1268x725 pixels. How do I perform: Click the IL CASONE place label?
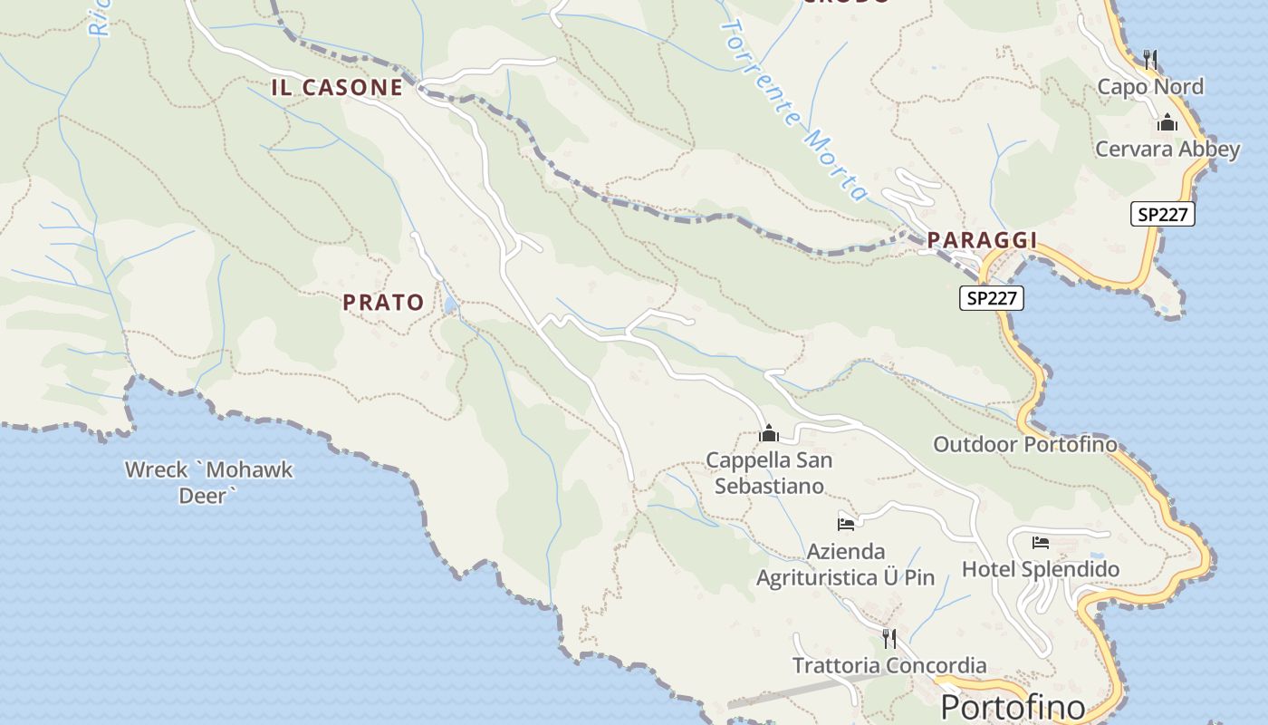tap(337, 87)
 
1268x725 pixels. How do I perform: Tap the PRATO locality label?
tap(383, 303)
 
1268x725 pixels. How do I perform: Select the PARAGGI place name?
tap(982, 240)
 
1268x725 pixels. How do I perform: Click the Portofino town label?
tap(1013, 707)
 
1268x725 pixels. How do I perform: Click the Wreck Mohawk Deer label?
tap(209, 482)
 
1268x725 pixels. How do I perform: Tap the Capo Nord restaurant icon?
tap(1150, 60)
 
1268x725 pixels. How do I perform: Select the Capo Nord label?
tap(1150, 87)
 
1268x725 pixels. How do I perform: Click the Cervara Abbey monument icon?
tap(1167, 122)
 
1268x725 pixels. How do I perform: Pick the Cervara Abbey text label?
tap(1167, 149)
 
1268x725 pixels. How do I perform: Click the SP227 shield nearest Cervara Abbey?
tap(1163, 215)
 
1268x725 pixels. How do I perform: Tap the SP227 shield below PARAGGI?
tap(992, 298)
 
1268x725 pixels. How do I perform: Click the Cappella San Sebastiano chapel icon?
tap(769, 433)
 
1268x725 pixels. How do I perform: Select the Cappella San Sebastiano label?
tap(769, 473)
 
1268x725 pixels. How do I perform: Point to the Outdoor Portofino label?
tap(1025, 445)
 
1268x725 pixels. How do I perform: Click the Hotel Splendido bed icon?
tap(1041, 543)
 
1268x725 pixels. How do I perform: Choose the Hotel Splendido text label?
tap(1041, 569)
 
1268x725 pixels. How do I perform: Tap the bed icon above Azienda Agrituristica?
tap(846, 524)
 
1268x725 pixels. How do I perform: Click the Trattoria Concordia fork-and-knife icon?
tap(889, 638)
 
